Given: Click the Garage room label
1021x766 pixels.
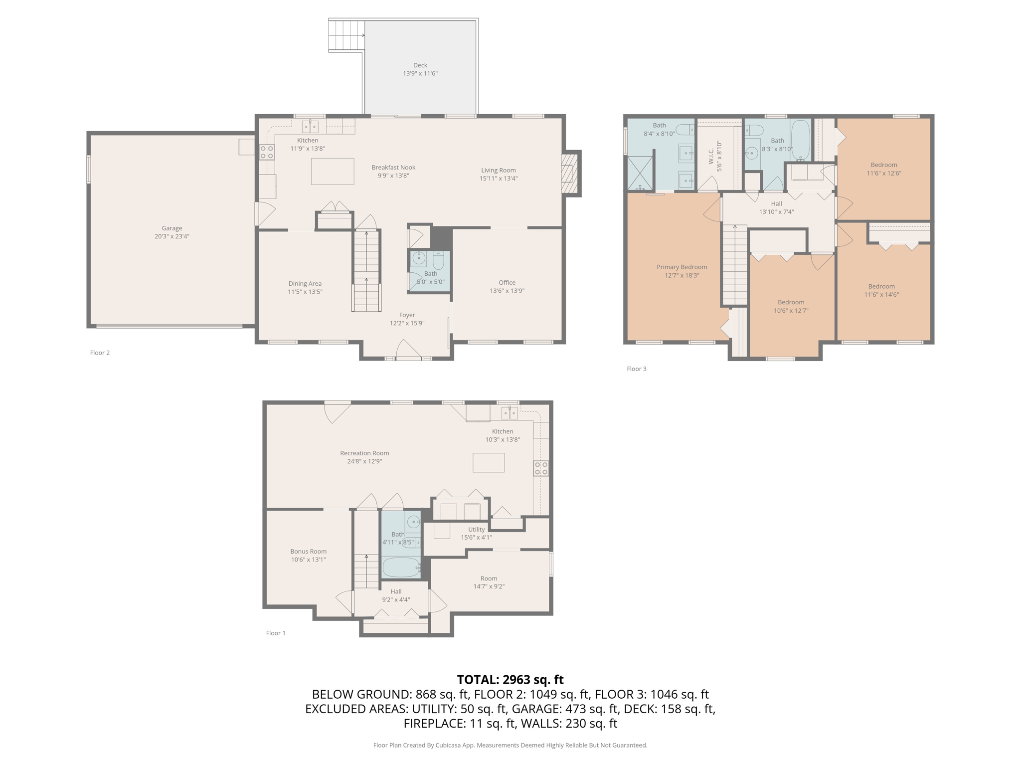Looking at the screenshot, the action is click(x=172, y=228).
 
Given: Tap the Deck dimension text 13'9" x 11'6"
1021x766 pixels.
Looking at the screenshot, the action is click(x=420, y=73).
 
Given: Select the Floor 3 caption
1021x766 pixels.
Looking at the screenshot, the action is click(x=637, y=369).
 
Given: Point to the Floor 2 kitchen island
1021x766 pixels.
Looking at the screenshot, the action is click(x=333, y=171).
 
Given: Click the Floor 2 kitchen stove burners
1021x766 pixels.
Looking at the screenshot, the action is click(x=267, y=152).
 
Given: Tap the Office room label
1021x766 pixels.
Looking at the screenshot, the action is click(x=507, y=282).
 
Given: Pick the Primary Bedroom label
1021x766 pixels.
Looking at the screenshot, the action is click(x=681, y=267).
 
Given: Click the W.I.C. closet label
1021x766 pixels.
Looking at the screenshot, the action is click(x=711, y=156).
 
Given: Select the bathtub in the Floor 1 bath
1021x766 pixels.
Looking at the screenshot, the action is click(x=401, y=567).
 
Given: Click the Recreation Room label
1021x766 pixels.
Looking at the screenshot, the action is click(x=364, y=453).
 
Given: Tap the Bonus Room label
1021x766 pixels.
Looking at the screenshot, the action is click(x=309, y=552).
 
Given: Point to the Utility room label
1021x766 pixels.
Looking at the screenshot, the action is click(x=477, y=530).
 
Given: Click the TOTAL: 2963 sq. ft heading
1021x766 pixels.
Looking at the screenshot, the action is click(x=510, y=680).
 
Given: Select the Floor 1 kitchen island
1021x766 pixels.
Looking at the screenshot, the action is click(x=489, y=462).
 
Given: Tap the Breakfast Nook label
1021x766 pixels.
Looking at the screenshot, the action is click(x=393, y=168).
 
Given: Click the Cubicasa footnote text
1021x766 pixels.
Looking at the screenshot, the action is click(x=510, y=745).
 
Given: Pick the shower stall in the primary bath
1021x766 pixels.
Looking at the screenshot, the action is click(x=640, y=173).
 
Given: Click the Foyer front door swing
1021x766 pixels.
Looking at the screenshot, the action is click(x=408, y=349).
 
